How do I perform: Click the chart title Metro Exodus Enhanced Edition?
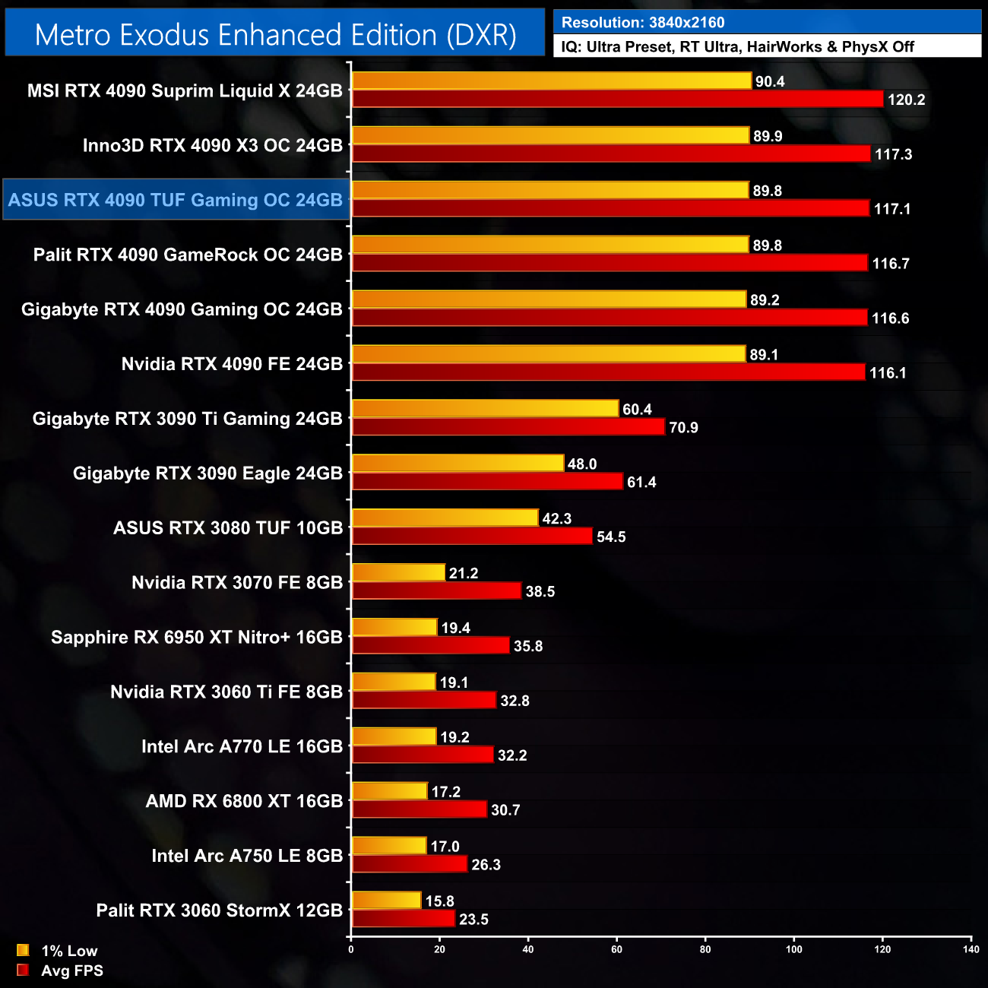pyautogui.click(x=275, y=35)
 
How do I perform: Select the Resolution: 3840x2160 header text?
pyautogui.click(x=643, y=23)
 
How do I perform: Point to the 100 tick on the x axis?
pyautogui.click(x=793, y=948)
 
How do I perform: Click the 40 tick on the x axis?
pyautogui.click(x=528, y=948)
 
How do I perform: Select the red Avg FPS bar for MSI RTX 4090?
pyautogui.click(x=617, y=99)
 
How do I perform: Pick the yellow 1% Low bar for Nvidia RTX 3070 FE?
pyautogui.click(x=398, y=572)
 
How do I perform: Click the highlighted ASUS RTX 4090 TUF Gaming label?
pyautogui.click(x=176, y=200)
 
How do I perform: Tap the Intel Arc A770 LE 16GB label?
pyautogui.click(x=242, y=746)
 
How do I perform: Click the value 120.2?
pyautogui.click(x=906, y=100)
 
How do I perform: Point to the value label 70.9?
pyautogui.click(x=683, y=428)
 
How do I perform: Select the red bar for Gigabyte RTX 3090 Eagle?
pyautogui.click(x=487, y=482)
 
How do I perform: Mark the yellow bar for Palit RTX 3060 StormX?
pyautogui.click(x=386, y=901)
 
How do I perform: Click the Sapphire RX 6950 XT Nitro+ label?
pyautogui.click(x=197, y=637)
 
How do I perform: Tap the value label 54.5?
pyautogui.click(x=611, y=537)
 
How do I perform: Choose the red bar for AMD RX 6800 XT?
pyautogui.click(x=419, y=809)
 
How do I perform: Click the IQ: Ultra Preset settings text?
pyautogui.click(x=737, y=47)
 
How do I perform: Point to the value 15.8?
pyautogui.click(x=439, y=901)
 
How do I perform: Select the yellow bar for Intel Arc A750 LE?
pyautogui.click(x=389, y=846)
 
